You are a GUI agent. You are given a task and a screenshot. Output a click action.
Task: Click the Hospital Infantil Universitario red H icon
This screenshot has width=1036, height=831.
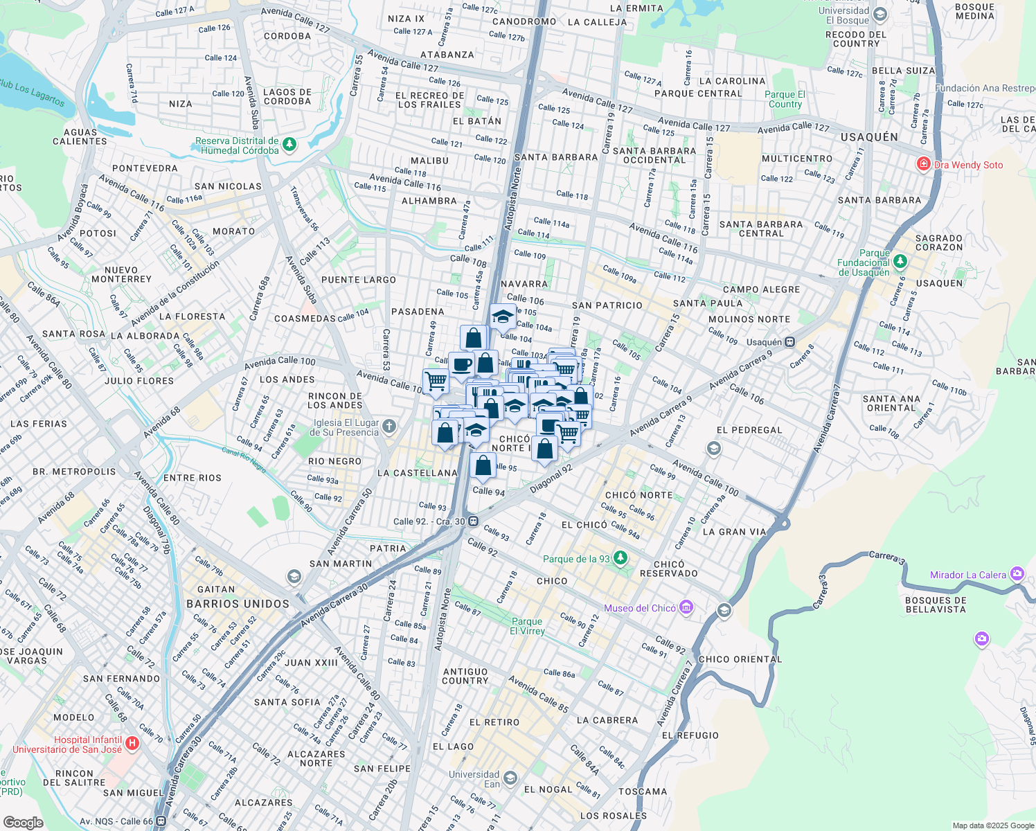point(132,744)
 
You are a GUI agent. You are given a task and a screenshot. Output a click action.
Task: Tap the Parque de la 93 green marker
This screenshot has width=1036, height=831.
point(620,557)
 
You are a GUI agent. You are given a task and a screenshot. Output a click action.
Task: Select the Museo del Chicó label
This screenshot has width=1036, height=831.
point(639,608)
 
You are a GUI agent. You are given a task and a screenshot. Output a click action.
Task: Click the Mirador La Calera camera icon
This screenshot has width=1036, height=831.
point(1017,573)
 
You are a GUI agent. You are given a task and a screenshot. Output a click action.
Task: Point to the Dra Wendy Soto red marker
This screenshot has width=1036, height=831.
point(922,164)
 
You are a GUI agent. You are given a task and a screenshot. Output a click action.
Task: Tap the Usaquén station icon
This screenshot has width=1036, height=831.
point(789,342)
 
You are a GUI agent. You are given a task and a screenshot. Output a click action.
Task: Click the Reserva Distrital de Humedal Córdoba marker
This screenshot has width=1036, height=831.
point(289,145)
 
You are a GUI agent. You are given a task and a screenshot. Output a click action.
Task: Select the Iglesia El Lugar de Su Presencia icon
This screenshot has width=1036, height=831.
point(389,426)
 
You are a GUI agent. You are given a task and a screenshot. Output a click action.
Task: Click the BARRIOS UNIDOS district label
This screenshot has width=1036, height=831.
point(238,604)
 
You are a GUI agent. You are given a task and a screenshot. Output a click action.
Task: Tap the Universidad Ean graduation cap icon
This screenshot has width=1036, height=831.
point(510,778)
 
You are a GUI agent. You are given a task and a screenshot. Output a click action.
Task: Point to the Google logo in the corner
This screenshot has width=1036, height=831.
point(23,822)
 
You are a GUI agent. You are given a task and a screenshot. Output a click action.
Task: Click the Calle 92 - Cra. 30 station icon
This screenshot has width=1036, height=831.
point(473,521)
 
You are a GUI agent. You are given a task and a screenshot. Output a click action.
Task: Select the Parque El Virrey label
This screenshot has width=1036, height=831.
point(527,626)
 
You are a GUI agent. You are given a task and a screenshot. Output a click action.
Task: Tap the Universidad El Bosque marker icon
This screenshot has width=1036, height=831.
point(880,15)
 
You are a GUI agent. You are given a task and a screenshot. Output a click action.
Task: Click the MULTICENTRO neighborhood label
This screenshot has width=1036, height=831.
point(796,159)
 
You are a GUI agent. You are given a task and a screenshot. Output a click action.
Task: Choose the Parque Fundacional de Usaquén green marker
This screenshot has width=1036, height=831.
point(900,262)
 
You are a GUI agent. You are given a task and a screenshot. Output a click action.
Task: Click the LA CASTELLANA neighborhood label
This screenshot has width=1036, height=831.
point(418,473)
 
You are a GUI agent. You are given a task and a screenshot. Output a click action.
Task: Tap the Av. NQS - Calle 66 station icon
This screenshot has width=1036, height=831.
point(161,821)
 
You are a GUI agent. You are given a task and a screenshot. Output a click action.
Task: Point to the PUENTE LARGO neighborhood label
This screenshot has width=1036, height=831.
point(359,280)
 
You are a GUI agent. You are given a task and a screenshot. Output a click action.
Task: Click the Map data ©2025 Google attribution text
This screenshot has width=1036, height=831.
point(992,825)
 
